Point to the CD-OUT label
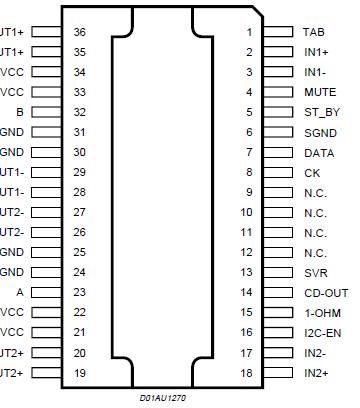(x=325, y=292)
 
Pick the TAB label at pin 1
(x=314, y=32)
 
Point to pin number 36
(x=80, y=32)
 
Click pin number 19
(x=80, y=372)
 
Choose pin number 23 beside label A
(x=80, y=292)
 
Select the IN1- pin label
(x=315, y=72)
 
